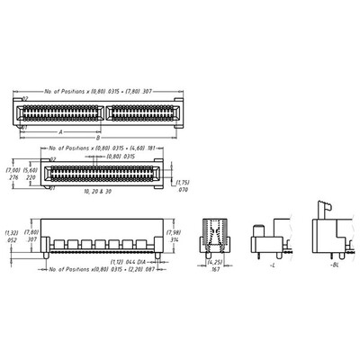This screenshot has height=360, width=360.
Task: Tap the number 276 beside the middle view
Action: click(x=13, y=178)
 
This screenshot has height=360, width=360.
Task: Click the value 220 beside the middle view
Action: click(x=31, y=178)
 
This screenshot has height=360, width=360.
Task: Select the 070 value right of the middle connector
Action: click(x=184, y=191)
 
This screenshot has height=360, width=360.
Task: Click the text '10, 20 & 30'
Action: click(x=96, y=193)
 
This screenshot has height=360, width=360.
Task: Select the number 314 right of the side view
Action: click(x=175, y=241)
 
